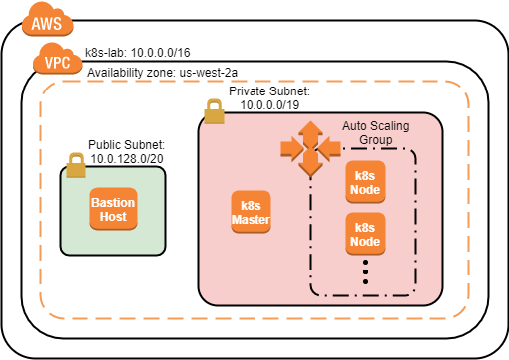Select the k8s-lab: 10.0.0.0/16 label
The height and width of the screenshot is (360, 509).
pyautogui.click(x=138, y=51)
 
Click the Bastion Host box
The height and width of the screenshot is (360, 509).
pyautogui.click(x=113, y=209)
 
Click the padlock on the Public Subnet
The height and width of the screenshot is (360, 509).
pyautogui.click(x=76, y=165)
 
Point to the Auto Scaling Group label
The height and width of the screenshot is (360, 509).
pyautogui.click(x=374, y=133)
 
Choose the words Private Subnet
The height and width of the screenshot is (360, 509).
pyautogui.click(x=267, y=90)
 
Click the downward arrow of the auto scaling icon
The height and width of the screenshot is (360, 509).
pyautogui.click(x=311, y=168)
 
